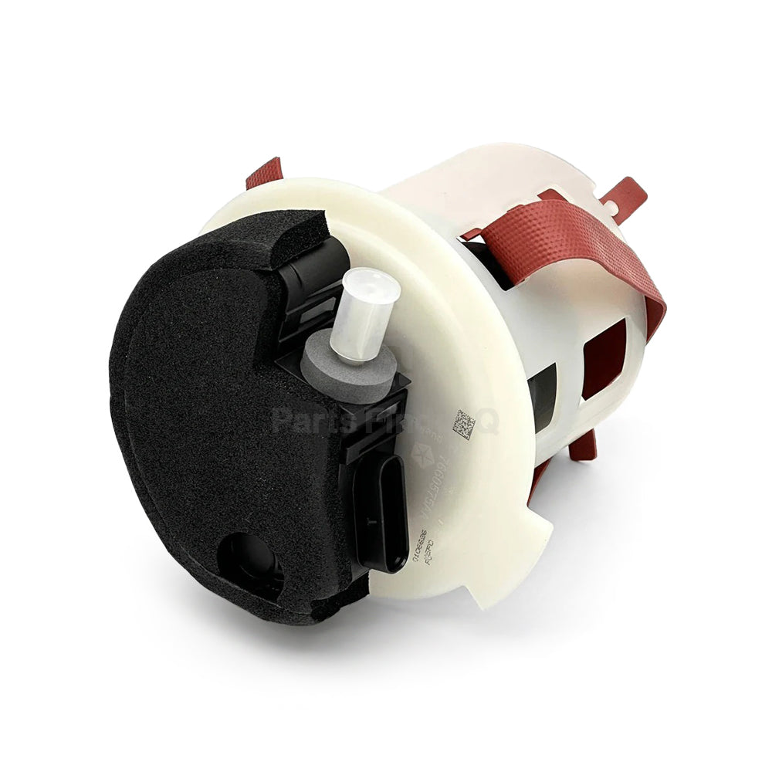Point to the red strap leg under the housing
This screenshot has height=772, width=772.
click(584, 446)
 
